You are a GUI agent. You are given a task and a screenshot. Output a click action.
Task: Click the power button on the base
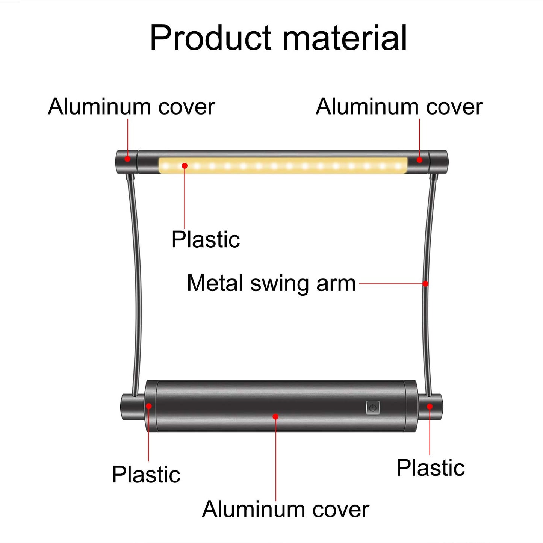pos(372,408)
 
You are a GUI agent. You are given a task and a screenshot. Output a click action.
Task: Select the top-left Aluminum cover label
pos(131,107)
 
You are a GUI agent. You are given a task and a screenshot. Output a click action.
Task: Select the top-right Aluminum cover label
pos(399,107)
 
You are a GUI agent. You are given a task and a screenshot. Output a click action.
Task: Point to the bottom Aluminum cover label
pos(286,509)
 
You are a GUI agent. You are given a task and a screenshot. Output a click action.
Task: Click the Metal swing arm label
pos(271,283)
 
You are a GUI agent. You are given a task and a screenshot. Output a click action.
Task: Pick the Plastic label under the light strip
pos(206,239)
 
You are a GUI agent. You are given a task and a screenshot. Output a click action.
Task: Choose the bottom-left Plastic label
pos(146,474)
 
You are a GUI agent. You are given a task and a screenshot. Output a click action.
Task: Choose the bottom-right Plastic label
pos(431,468)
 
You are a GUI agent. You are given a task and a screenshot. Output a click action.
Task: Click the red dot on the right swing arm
pos(425,283)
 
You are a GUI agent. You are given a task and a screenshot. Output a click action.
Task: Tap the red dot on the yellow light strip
pos(185,166)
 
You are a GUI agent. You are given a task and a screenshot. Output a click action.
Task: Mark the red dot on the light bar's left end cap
pos(127,159)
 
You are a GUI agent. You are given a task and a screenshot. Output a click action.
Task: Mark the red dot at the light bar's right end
pos(420,160)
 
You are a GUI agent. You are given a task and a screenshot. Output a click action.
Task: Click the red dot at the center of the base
pos(275,416)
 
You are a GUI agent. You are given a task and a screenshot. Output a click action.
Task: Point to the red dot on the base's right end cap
pos(430,406)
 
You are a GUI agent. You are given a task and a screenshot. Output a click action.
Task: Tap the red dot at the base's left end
pos(149,406)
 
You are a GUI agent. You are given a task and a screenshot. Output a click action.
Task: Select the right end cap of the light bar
pos(438,162)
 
